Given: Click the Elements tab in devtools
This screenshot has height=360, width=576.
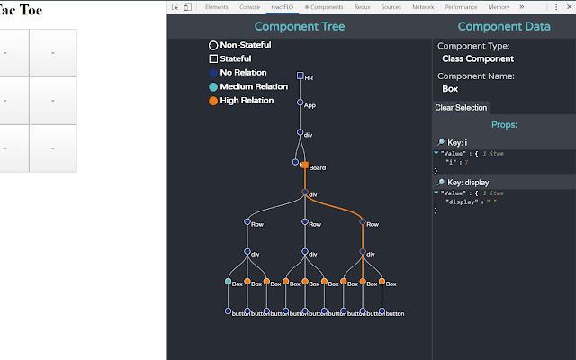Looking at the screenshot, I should [216, 6].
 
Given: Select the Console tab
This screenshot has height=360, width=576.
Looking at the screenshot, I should [249, 6].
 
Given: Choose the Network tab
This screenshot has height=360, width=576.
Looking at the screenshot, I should [423, 6].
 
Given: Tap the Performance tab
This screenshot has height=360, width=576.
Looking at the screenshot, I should [461, 6].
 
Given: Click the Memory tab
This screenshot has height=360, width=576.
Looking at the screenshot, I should [499, 6].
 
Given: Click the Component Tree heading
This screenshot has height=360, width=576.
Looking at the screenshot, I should [300, 27].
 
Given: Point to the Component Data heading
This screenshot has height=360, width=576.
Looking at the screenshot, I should [503, 27].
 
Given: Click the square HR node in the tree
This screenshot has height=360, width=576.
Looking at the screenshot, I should [300, 76].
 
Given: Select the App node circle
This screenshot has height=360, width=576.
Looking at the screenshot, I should [300, 103].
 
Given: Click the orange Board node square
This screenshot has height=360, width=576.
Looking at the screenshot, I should [305, 166].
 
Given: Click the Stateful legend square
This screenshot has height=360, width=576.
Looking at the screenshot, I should [213, 58].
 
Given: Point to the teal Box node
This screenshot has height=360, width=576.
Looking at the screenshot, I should [228, 282].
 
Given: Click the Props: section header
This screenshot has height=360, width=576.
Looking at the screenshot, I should [503, 124].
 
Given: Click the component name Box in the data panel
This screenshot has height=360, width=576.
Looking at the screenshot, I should [450, 89].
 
